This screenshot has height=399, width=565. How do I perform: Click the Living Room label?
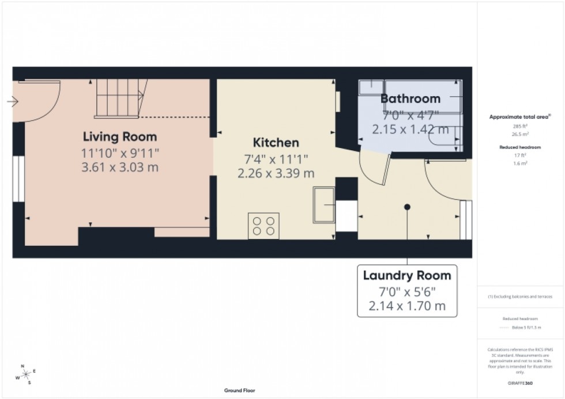[x=119, y=137]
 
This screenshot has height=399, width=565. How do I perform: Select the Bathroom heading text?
[x=410, y=98]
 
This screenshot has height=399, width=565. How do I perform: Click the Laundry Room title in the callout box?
[x=407, y=276]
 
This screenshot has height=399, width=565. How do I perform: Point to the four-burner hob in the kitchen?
[x=263, y=225]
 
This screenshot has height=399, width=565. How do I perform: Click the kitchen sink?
[x=324, y=204]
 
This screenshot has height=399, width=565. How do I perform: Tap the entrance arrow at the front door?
[x=13, y=102]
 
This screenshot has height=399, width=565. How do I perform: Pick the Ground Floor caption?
[x=240, y=391]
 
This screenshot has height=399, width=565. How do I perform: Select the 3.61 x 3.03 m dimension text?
[x=119, y=168]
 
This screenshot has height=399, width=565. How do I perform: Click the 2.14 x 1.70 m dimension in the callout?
[x=407, y=306]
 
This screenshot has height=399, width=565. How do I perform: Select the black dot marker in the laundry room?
[x=407, y=207]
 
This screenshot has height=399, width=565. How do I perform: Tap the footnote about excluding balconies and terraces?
[x=520, y=297]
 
